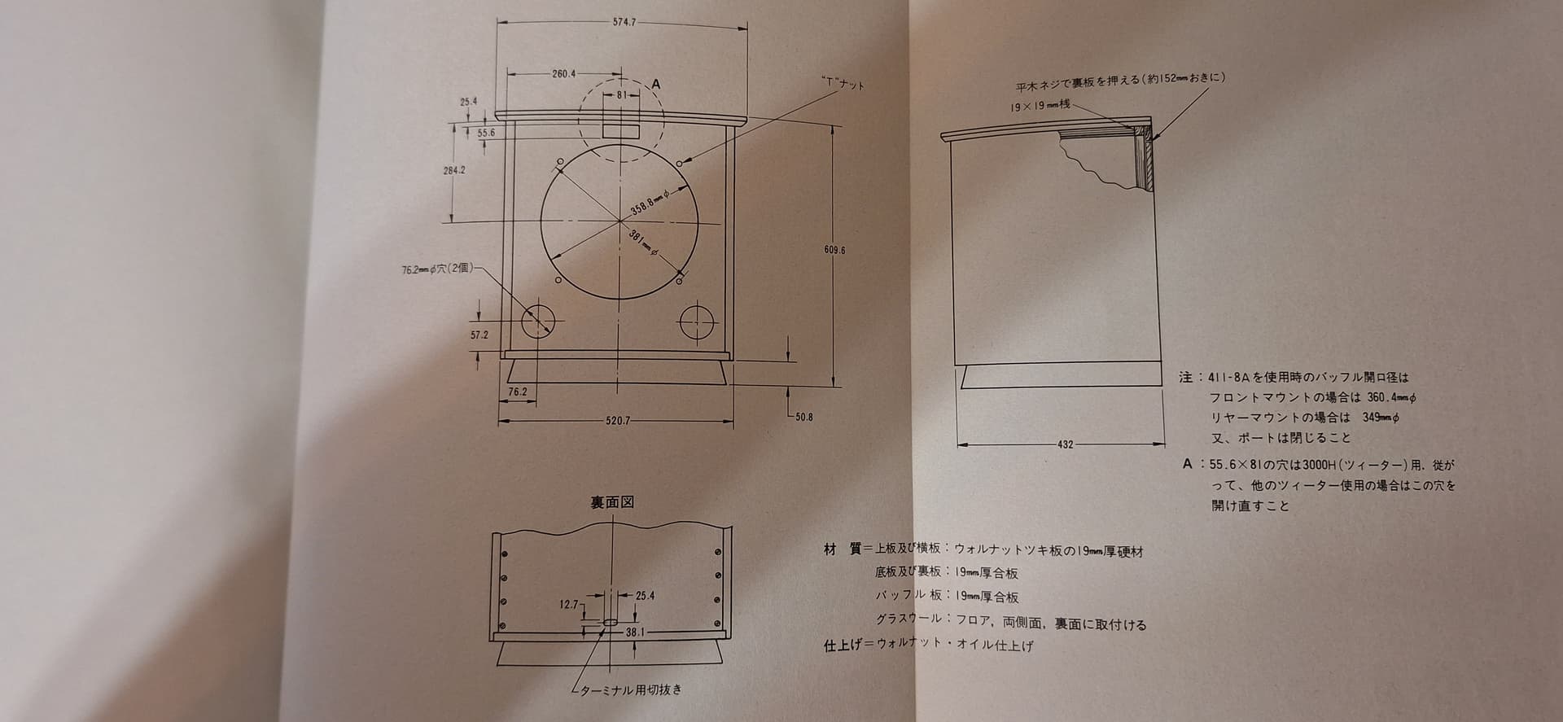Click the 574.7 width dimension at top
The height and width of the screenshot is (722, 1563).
(624, 23)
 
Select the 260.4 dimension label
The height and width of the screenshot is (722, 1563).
(564, 73)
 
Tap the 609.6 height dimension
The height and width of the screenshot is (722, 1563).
(834, 250)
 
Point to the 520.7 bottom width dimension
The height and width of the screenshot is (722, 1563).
(618, 421)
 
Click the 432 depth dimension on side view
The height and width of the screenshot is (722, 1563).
(1065, 444)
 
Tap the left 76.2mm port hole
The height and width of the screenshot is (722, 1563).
(538, 322)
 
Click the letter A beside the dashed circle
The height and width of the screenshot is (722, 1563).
(656, 85)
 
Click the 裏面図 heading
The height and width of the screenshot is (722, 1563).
(612, 502)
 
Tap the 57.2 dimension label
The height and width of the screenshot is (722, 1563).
(479, 335)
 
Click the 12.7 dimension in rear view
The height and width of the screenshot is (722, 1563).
(568, 605)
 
